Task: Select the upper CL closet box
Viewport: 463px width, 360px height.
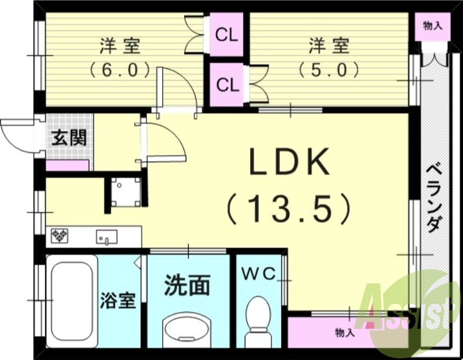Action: coord(226,35)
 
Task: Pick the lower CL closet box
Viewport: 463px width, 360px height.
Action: coord(226,85)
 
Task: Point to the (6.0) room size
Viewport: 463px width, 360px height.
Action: coord(120,70)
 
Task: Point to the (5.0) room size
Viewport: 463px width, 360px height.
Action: coord(328,70)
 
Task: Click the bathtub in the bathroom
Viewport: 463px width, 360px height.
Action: coord(71,300)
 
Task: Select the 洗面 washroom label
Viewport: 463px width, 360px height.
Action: coord(186,285)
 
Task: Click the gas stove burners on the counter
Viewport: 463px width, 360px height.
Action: coord(60,236)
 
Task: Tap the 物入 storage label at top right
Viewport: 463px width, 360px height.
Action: coord(433,25)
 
